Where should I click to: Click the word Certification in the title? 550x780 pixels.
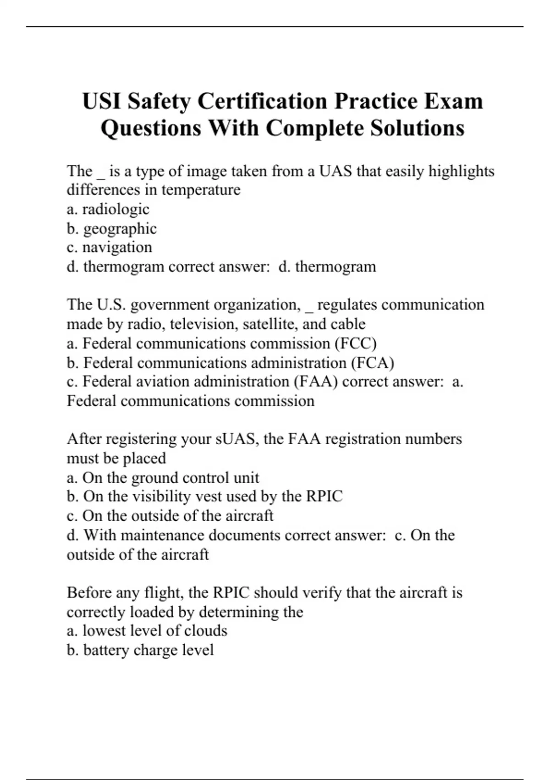262,101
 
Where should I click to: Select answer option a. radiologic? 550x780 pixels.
108,209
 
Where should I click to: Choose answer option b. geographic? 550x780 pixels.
112,228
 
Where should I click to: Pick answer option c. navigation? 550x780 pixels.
109,247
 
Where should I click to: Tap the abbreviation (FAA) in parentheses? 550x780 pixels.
315,382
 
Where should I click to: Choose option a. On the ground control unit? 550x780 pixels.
163,478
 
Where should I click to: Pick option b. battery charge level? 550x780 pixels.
140,650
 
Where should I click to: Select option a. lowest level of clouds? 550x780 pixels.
147,631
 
